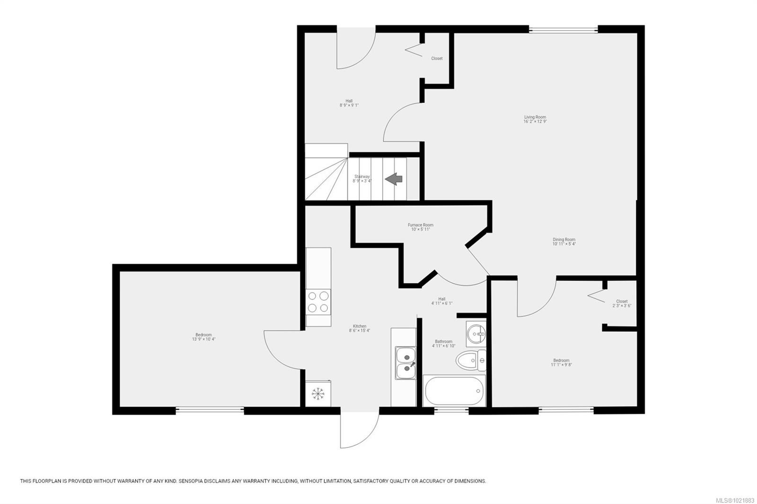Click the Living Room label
click(535, 119)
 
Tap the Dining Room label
click(564, 242)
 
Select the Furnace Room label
click(421, 227)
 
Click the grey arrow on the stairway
click(394, 179)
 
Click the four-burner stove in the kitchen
click(318, 302)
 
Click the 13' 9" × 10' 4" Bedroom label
click(204, 337)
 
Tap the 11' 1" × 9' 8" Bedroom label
click(562, 362)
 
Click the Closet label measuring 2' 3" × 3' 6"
click(622, 303)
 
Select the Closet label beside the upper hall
click(437, 59)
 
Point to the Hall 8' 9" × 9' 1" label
click(349, 103)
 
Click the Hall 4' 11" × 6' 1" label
click(442, 301)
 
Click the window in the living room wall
click(563, 31)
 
